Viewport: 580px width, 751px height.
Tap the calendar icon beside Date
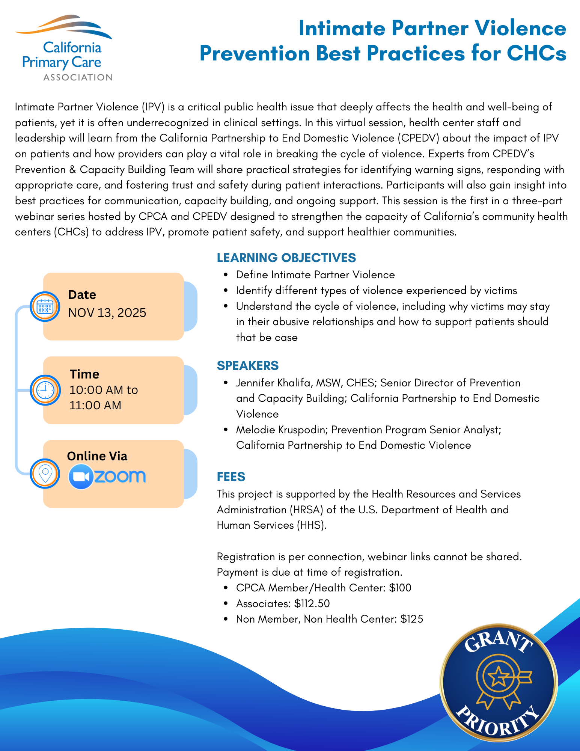[45, 306]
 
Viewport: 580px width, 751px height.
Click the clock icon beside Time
[45, 390]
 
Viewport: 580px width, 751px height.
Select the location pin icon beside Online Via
[45, 474]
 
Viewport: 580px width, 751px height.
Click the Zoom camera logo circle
[81, 477]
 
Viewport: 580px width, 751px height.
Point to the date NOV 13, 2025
[107, 313]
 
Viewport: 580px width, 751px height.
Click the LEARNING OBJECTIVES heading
[286, 258]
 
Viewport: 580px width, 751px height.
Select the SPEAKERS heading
[248, 365]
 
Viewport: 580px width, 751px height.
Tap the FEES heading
[231, 477]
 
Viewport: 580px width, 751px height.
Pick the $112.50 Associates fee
[312, 603]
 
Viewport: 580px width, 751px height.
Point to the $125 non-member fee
[411, 619]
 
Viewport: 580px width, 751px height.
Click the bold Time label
[84, 374]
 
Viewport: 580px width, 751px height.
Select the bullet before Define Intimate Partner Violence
[226, 275]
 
